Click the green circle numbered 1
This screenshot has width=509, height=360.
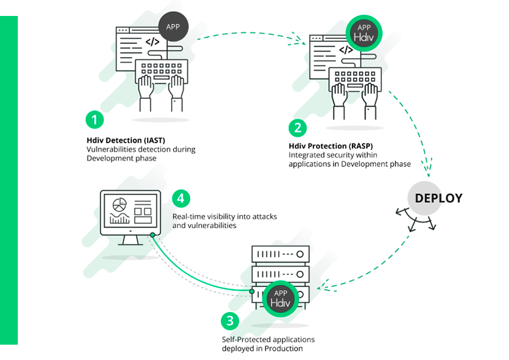94,119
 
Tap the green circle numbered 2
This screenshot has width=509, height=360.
297,128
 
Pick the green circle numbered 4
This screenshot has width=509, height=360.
180,198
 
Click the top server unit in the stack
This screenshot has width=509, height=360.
280,252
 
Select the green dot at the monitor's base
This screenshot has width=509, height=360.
152,235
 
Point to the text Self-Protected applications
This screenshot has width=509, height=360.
267,339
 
